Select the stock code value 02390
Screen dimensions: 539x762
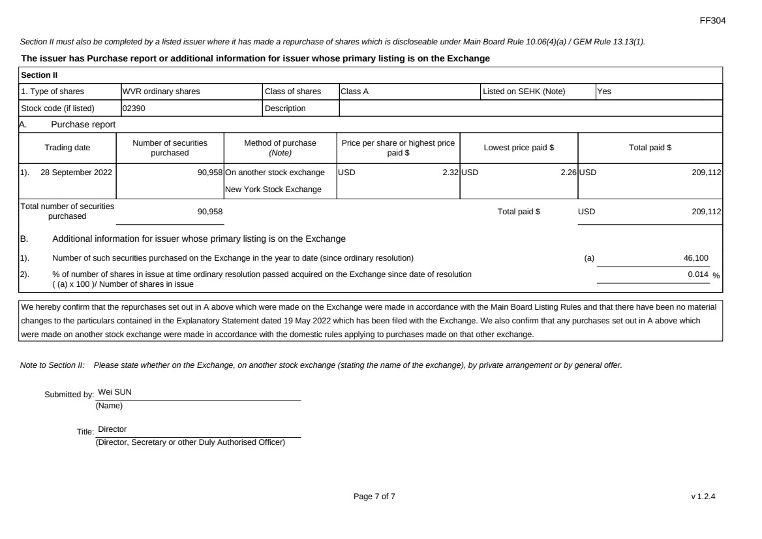[x=133, y=108]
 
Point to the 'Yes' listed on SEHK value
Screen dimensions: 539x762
[x=604, y=91]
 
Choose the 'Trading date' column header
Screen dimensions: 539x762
[x=67, y=148]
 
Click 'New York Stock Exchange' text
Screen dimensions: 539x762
[x=273, y=189]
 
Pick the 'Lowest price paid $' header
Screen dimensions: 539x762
[x=519, y=148]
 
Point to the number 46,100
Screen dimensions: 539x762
[x=695, y=257]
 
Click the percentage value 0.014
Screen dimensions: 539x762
[x=697, y=274]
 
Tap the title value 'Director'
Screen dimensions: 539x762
[x=112, y=429]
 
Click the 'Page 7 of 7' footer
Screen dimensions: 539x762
[x=374, y=497]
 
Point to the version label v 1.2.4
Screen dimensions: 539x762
[x=703, y=497]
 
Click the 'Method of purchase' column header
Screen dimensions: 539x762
[x=280, y=148]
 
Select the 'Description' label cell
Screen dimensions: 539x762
[x=285, y=108]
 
